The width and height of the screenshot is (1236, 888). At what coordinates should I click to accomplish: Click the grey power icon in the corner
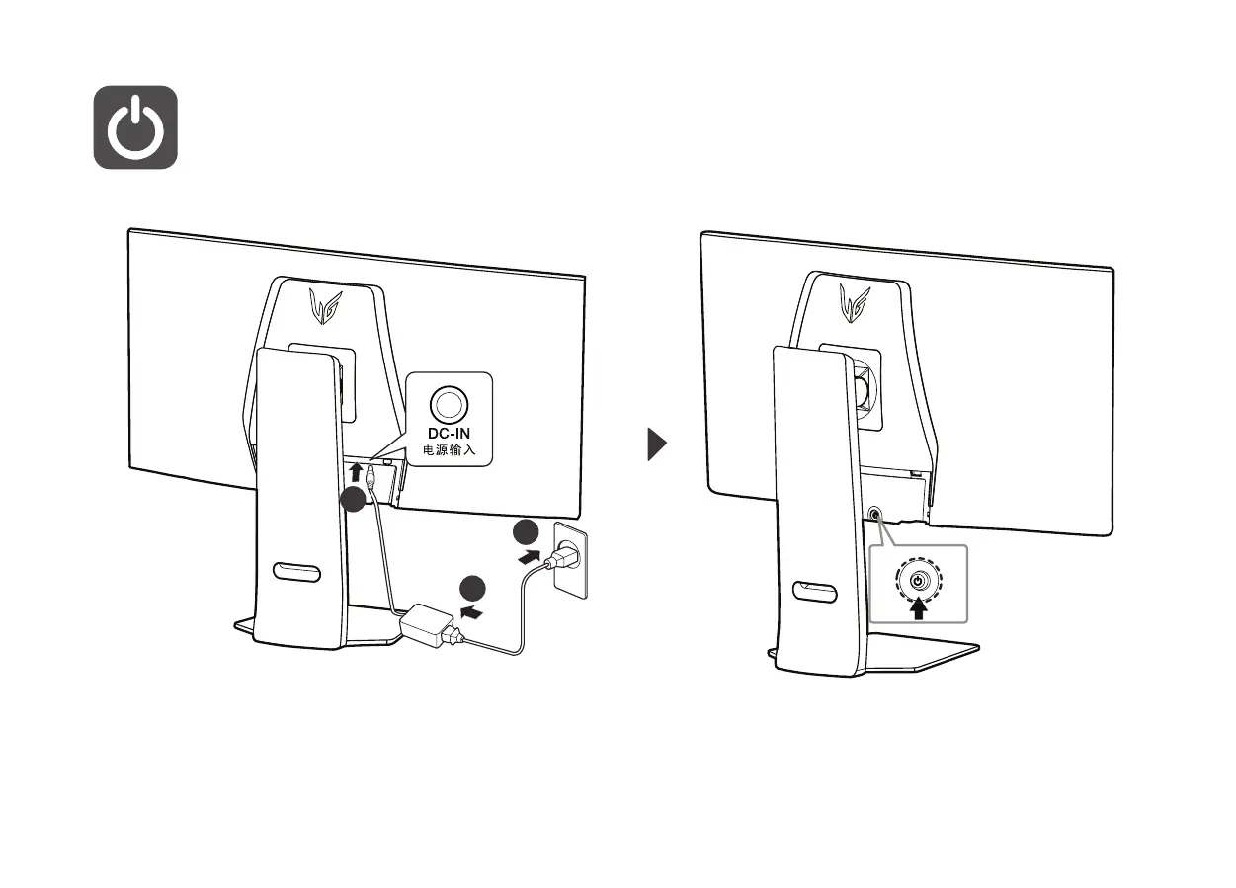click(135, 127)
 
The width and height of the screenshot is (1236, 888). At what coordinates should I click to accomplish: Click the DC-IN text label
click(449, 433)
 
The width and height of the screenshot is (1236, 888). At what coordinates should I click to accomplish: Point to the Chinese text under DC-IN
click(449, 449)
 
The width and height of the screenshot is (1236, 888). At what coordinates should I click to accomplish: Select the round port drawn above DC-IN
click(449, 402)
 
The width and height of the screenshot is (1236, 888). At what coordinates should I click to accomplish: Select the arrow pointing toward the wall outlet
click(531, 560)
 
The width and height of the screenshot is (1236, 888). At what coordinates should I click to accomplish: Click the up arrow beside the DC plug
click(357, 472)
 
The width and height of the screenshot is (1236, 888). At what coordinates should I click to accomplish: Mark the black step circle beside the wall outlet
click(525, 531)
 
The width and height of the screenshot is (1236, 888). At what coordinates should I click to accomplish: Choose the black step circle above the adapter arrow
click(471, 588)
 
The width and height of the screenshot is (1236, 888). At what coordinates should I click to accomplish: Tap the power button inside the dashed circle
click(919, 582)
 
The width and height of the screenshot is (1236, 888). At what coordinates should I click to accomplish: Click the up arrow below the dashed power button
click(919, 608)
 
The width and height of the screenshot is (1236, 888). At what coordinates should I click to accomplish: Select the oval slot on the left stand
click(295, 572)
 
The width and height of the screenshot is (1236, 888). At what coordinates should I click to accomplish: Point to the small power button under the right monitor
click(873, 515)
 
